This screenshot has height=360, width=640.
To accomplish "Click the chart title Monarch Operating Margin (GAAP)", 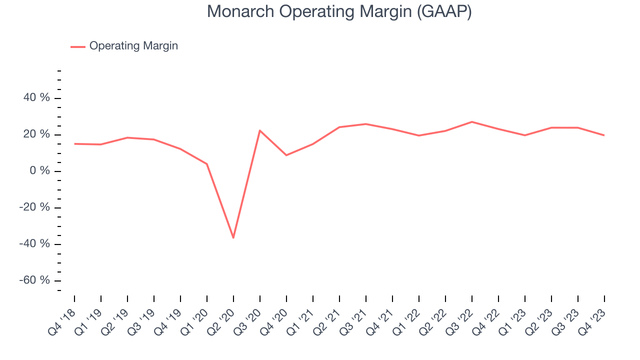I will click(x=339, y=12).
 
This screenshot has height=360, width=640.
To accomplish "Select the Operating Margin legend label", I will click(x=133, y=46).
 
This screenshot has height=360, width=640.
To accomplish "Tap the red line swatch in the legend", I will click(x=78, y=46).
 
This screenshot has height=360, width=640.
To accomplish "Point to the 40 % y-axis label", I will click(x=37, y=98).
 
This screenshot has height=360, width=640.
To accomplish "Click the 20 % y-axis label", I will click(x=37, y=134).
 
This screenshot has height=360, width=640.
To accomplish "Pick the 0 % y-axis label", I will click(x=40, y=171).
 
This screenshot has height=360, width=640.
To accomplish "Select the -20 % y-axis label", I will click(x=35, y=207).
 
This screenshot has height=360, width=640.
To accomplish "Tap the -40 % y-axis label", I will click(x=35, y=244).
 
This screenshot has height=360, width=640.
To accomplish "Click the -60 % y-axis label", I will click(x=35, y=280).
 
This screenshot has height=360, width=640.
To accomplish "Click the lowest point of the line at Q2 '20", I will click(x=233, y=237).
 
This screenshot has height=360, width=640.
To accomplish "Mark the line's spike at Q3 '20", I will click(x=260, y=130).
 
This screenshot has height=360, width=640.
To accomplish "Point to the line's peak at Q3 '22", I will click(x=472, y=122).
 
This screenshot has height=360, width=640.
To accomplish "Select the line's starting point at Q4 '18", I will click(x=74, y=144).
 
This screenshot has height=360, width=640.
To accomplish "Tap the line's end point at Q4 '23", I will click(x=604, y=135).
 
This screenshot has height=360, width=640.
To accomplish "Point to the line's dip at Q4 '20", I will click(x=286, y=155).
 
